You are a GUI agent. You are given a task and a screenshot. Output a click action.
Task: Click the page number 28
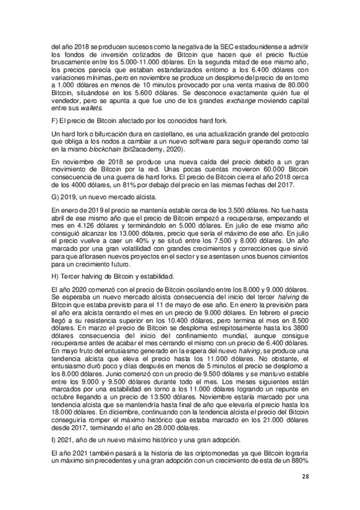coord(305,477)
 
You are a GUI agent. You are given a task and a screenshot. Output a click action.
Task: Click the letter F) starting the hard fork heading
coord(55,123)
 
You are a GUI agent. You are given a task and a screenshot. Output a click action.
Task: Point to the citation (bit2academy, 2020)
coord(158,149)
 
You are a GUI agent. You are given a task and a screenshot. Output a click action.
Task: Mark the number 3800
coord(296,328)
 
